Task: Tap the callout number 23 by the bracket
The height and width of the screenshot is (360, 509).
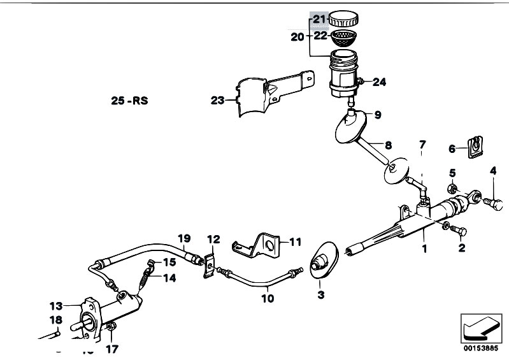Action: point(217,99)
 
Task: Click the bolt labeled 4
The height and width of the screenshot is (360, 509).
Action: point(496,203)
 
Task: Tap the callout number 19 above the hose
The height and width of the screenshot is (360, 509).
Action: point(184,240)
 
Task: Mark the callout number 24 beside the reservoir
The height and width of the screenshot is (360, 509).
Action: point(379,82)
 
